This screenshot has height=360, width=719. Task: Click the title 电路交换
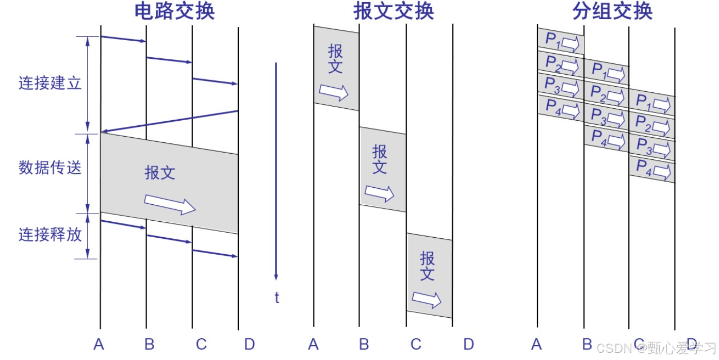tap(174, 11)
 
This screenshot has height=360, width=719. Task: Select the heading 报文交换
tap(394, 11)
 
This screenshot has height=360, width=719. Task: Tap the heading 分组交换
tap(613, 11)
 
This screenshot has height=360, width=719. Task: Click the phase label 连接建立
tap(51, 84)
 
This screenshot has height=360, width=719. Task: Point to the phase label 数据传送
tap(51, 168)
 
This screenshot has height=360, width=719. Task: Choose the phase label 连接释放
tap(51, 235)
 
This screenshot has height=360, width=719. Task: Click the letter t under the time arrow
tap(277, 298)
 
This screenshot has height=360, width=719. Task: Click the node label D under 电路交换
tap(249, 344)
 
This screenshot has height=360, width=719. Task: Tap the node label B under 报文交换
tap(364, 344)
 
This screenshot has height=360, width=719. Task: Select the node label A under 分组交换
tap(536, 344)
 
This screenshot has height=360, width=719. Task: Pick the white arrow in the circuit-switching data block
tap(170, 204)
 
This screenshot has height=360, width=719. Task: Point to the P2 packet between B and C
tap(607, 94)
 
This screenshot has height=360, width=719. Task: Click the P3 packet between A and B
tap(561, 86)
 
